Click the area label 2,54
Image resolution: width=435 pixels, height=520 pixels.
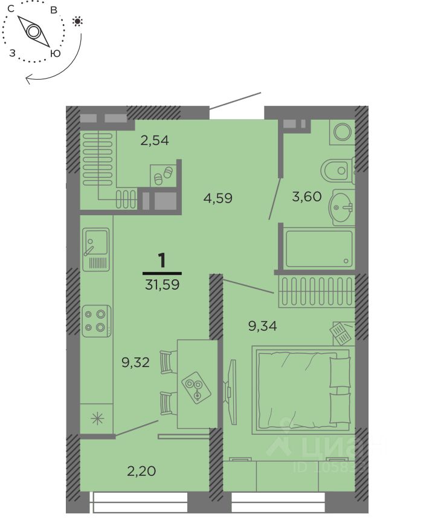click(x=155, y=141)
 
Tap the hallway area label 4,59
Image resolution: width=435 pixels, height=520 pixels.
click(x=217, y=198)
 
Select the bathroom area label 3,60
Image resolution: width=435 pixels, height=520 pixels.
click(x=307, y=197)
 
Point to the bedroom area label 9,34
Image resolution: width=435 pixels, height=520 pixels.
click(x=262, y=326)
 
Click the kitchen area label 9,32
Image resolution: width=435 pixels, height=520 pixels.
click(x=135, y=362)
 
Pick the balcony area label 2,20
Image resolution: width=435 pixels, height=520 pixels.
click(x=141, y=471)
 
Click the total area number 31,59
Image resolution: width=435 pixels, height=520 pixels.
click(x=163, y=285)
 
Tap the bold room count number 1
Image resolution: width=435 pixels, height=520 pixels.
click(x=162, y=261)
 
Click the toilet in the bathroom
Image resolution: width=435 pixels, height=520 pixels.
click(x=337, y=171)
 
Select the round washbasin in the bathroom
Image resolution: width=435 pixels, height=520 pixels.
click(x=340, y=207)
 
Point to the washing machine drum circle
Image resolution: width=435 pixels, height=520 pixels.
click(x=343, y=132)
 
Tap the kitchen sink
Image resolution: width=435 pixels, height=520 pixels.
click(x=95, y=249)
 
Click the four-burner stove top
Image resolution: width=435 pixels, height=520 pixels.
click(x=97, y=321)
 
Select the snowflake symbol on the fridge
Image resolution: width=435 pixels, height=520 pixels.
click(x=97, y=418)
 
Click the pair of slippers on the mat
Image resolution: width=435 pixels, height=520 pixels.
click(x=164, y=176)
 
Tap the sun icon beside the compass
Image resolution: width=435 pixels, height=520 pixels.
click(x=77, y=22)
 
